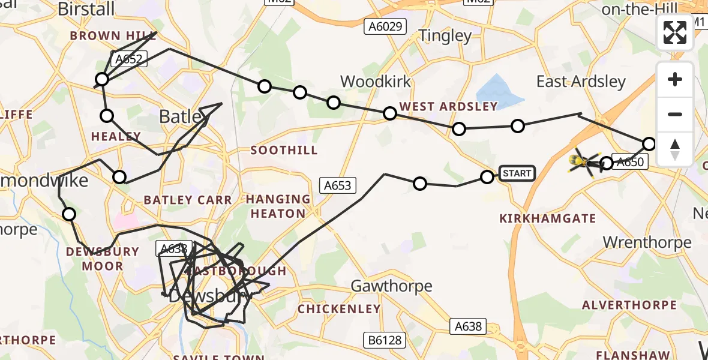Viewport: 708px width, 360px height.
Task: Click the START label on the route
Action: coord(517,174)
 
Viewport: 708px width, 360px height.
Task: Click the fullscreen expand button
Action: coord(675,32)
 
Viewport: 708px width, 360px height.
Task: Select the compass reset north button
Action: coord(675,149)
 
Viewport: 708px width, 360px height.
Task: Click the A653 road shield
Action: coord(338,185)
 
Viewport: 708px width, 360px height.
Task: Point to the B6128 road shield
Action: coord(385,340)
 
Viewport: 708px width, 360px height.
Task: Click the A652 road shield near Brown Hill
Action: coord(128,59)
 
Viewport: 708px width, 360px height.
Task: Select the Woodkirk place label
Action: coord(367,82)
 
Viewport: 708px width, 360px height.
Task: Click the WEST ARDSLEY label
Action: coord(448,107)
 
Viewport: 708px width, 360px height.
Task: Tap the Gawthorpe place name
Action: coord(391,286)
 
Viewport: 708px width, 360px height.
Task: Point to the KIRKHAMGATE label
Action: coord(548,219)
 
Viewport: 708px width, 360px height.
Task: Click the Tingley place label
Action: coord(445,35)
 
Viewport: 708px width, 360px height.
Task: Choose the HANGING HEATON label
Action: coord(278,206)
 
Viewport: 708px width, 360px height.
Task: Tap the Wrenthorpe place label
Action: coord(647,242)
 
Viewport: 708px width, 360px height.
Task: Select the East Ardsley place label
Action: coord(581,82)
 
